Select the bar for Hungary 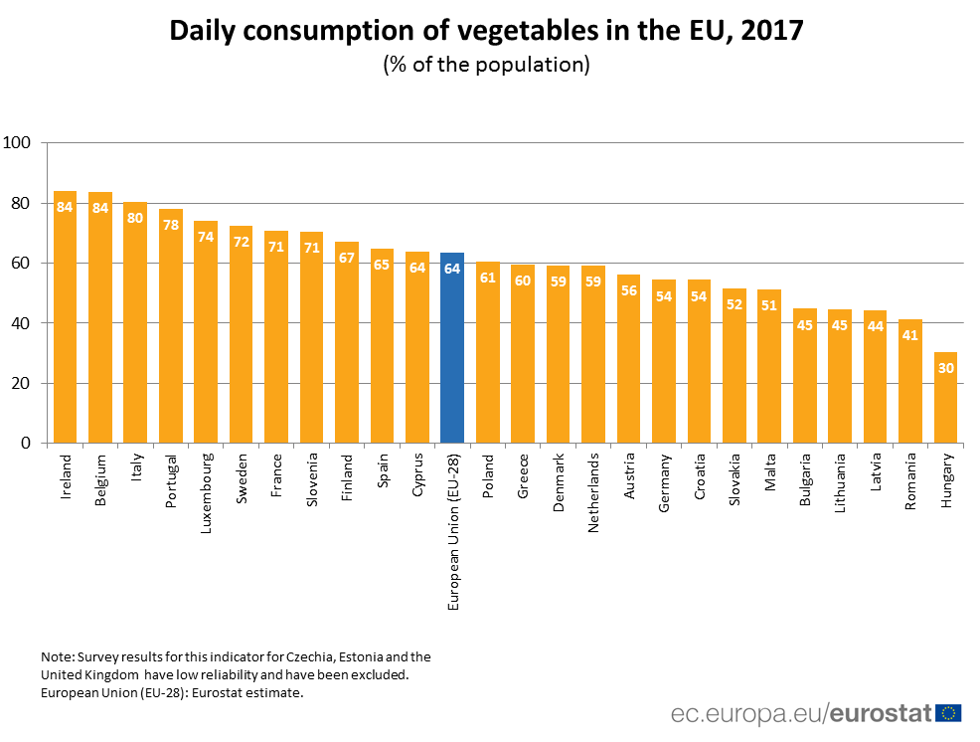click(x=945, y=397)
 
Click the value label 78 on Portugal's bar click(x=170, y=226)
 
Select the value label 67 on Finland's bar click(x=347, y=259)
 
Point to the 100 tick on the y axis click(x=18, y=143)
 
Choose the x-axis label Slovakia click(x=735, y=479)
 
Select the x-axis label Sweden click(x=242, y=477)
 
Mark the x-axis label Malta click(x=769, y=471)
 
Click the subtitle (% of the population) click(x=486, y=65)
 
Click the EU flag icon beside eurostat click(x=948, y=712)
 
